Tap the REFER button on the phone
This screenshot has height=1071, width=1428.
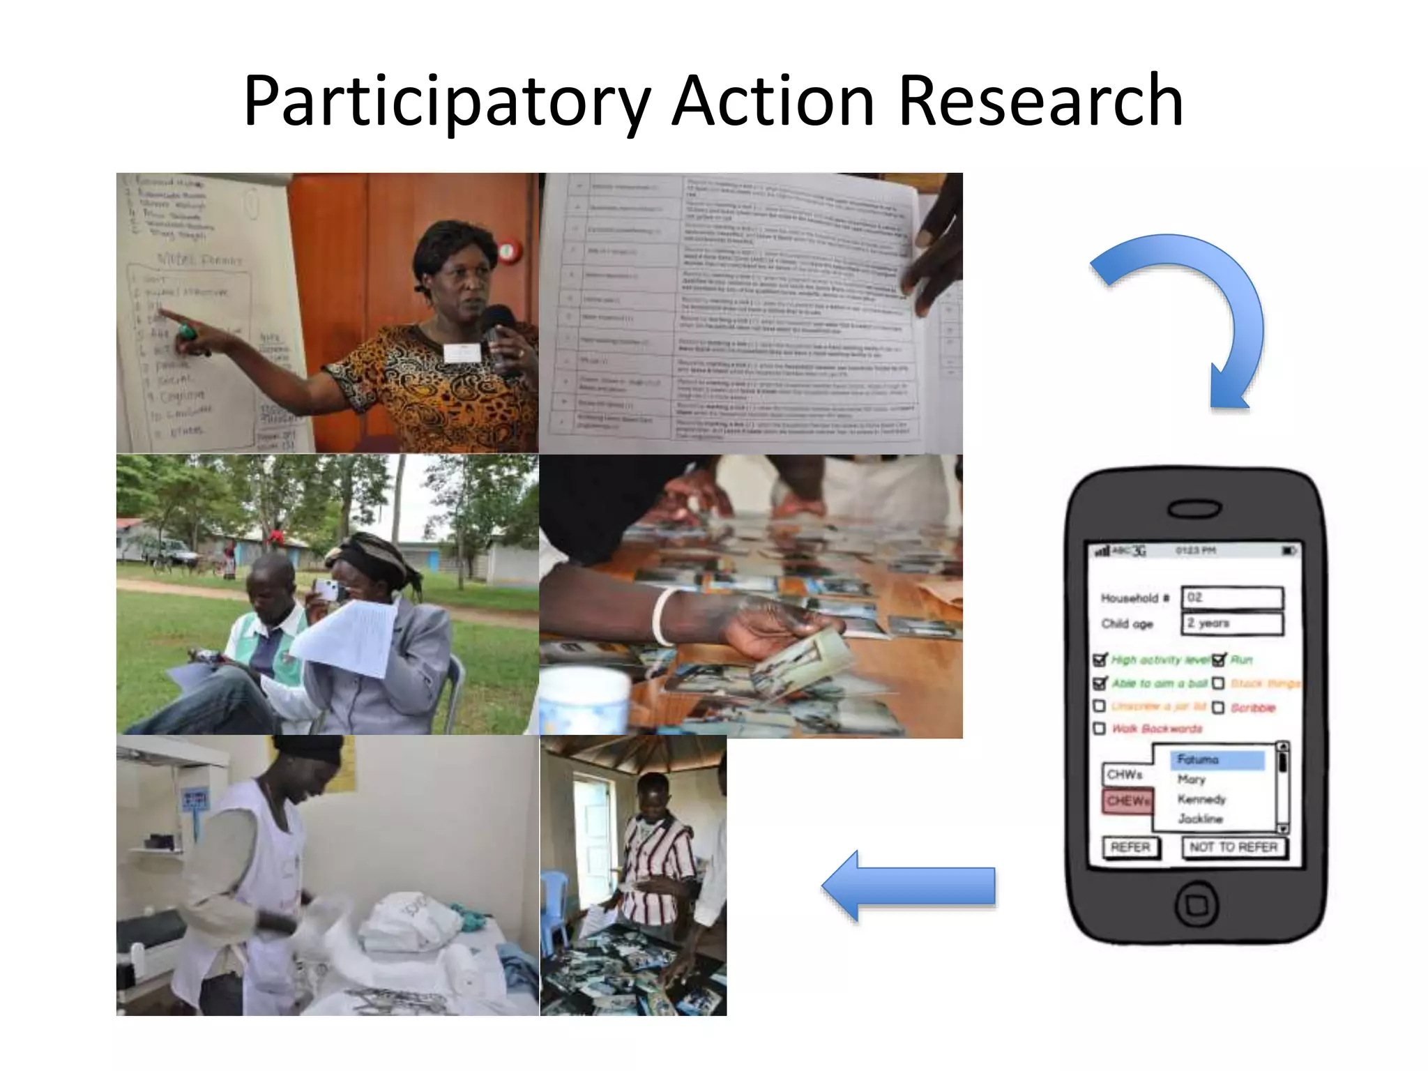click(1130, 847)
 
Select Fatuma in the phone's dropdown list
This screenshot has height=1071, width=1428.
click(1217, 759)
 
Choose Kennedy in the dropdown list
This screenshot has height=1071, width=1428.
click(1201, 799)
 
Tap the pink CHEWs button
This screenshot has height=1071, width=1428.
click(1127, 800)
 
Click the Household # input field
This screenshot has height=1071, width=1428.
click(1232, 598)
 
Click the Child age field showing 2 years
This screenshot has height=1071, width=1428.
click(1232, 623)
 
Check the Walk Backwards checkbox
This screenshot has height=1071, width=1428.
click(1100, 729)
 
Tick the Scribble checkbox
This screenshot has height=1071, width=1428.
click(1218, 708)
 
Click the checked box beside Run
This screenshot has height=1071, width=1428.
click(1218, 660)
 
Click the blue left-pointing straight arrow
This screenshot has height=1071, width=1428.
click(909, 886)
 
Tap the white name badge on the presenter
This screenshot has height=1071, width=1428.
click(462, 352)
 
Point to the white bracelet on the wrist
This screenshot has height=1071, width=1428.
click(660, 616)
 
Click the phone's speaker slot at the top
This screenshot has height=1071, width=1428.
click(1196, 510)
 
